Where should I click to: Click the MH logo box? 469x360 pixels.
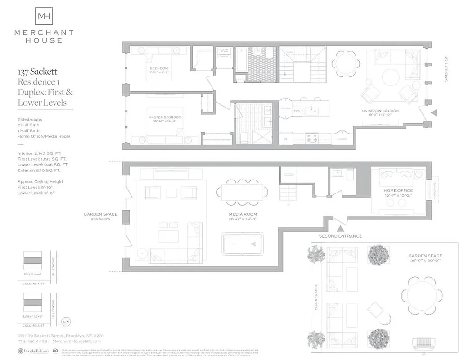(44, 16)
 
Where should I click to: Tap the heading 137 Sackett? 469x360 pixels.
(37, 72)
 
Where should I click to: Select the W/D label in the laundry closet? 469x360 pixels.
(224, 51)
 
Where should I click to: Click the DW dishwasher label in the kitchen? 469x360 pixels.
(297, 111)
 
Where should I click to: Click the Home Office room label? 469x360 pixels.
(398, 191)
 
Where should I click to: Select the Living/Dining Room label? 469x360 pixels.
(380, 111)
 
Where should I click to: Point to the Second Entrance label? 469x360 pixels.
(340, 236)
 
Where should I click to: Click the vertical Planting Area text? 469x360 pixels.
(316, 297)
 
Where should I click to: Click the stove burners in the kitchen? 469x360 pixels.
(312, 138)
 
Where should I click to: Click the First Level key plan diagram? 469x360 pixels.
(32, 261)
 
